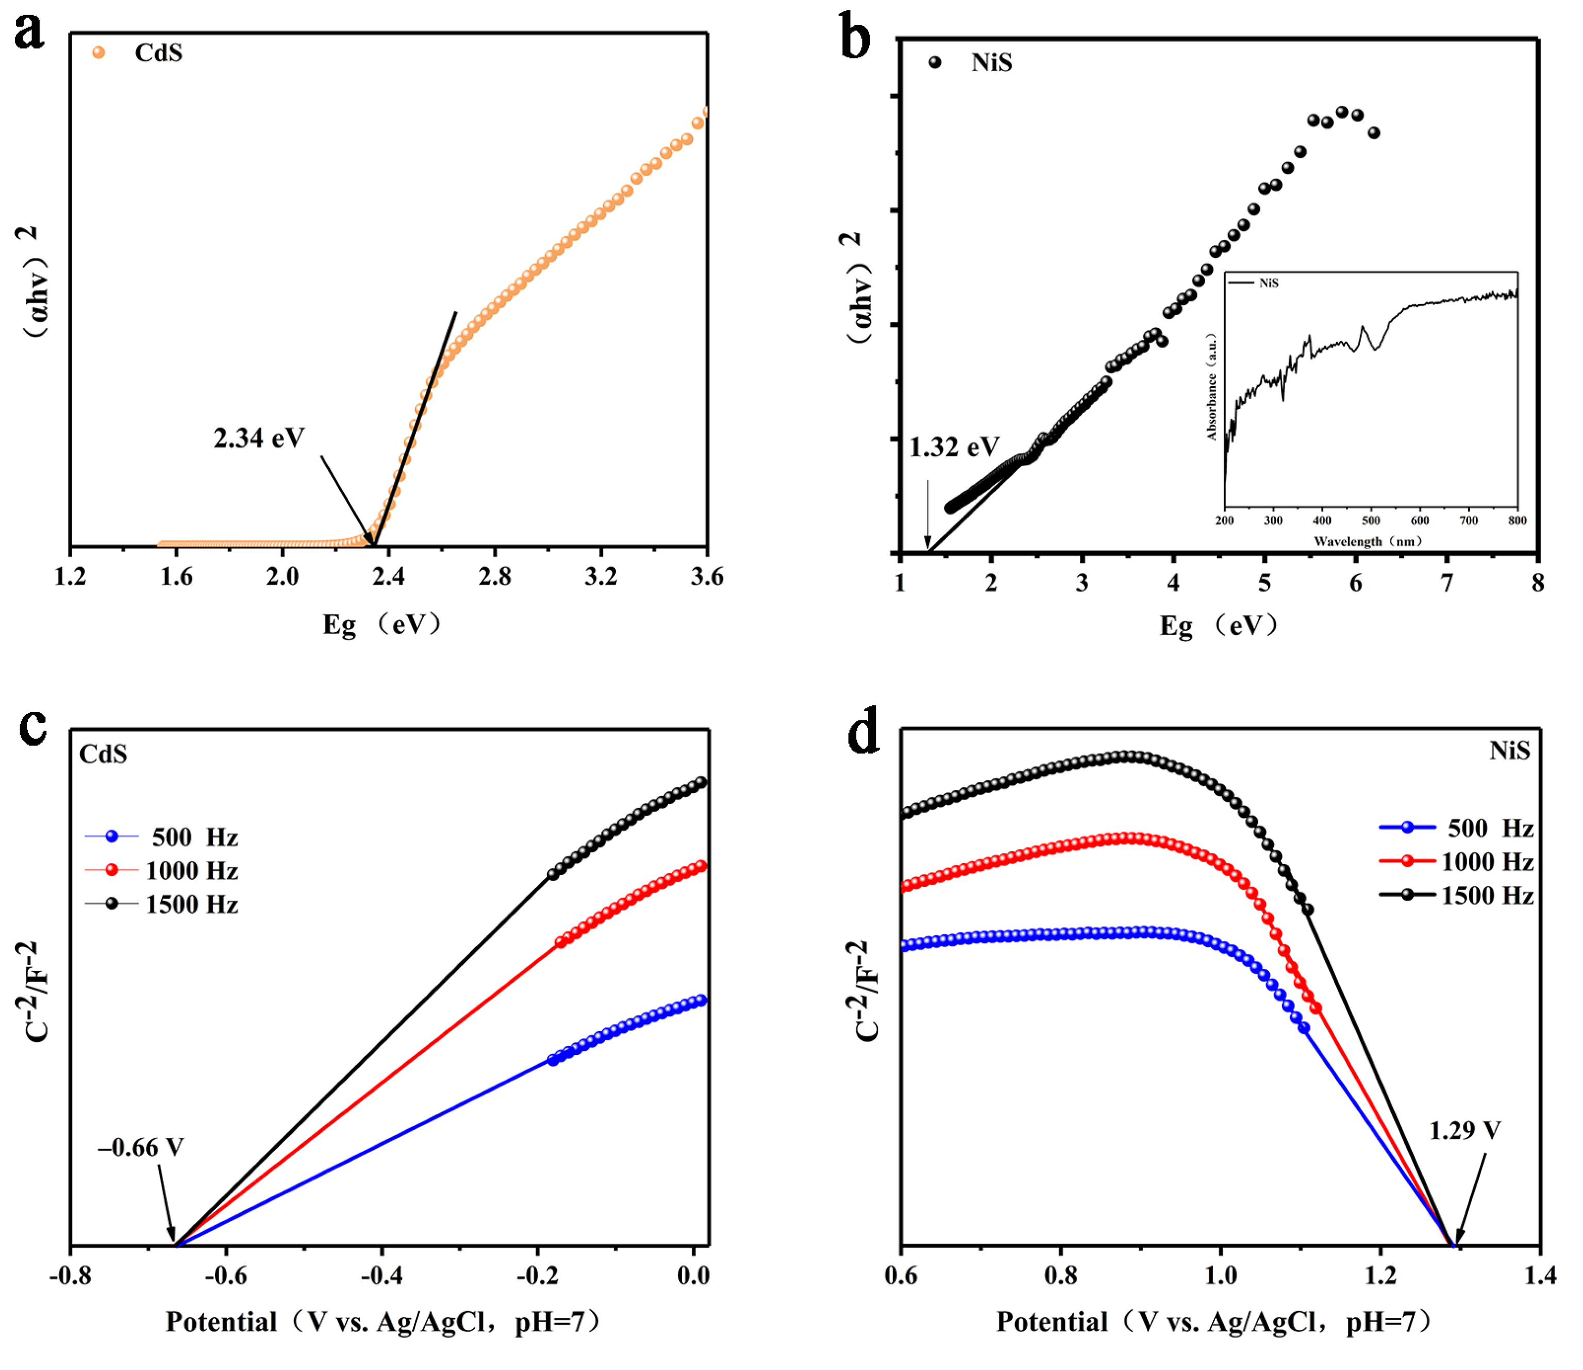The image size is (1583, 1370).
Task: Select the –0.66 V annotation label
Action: click(141, 1148)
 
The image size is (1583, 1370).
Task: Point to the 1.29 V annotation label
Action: click(1464, 1130)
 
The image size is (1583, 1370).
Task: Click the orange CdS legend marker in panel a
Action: click(98, 53)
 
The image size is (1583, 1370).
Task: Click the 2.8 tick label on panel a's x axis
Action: click(494, 576)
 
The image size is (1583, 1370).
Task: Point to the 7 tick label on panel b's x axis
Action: click(1447, 583)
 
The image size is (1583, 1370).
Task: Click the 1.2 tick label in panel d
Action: click(1380, 1275)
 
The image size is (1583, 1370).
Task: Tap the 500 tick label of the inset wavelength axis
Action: click(1371, 521)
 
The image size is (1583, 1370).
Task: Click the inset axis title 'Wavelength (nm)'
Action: click(1368, 541)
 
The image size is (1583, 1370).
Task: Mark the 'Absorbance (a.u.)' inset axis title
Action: click(1211, 386)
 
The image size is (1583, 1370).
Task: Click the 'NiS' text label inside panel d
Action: click(1509, 751)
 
